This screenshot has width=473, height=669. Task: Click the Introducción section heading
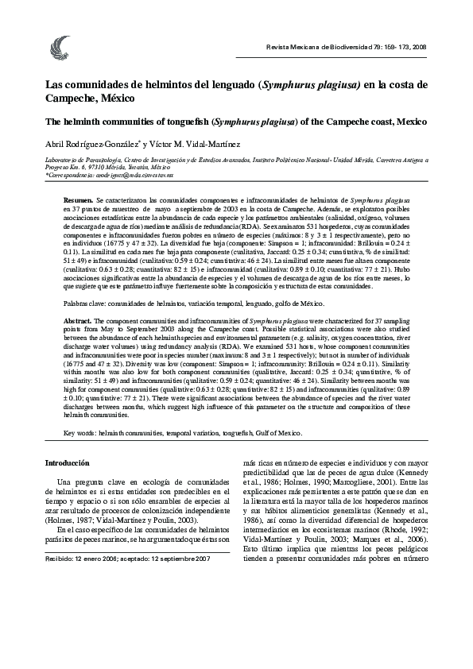pyautogui.click(x=67, y=462)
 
